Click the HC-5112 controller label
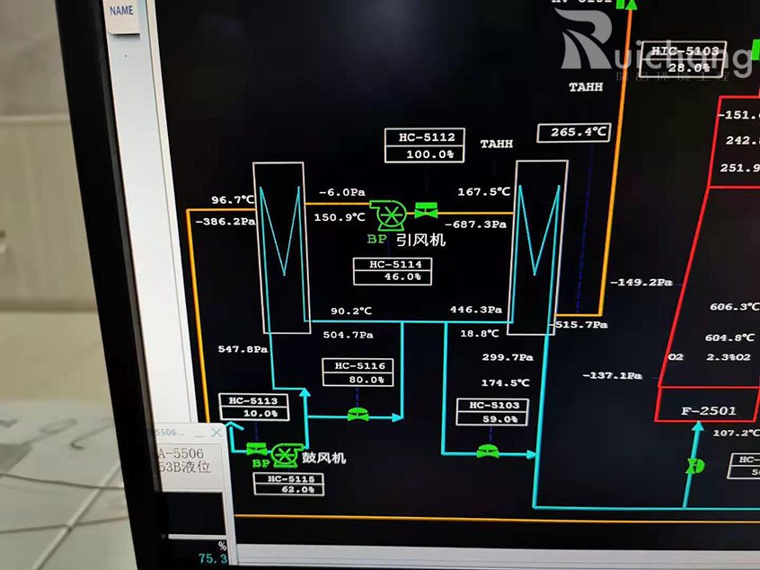(427, 137)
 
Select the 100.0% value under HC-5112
(427, 153)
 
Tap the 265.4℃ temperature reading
(573, 133)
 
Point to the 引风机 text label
(420, 240)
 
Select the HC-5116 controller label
(359, 365)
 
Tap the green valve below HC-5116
(358, 414)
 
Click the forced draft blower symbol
(287, 454)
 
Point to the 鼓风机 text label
(323, 458)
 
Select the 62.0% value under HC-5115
(288, 490)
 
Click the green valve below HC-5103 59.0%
(488, 451)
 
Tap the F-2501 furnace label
(708, 411)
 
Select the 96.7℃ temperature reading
(233, 199)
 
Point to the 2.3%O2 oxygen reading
(727, 357)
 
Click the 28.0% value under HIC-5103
(687, 67)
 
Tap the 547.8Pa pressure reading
(243, 348)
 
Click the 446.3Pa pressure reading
(476, 310)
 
